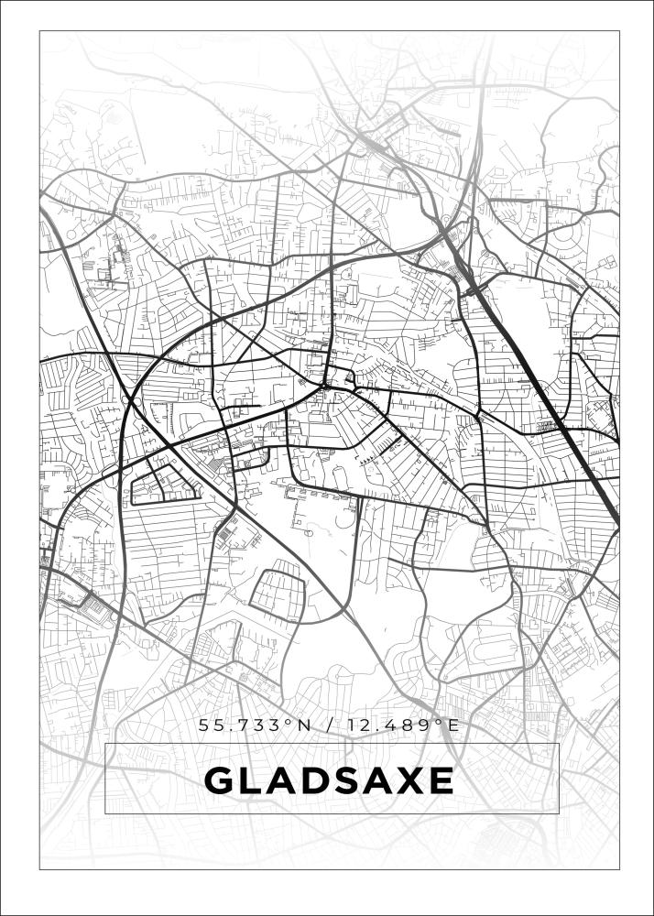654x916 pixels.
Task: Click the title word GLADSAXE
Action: (x=329, y=781)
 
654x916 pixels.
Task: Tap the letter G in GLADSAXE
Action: (x=219, y=781)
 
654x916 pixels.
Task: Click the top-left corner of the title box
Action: (x=105, y=744)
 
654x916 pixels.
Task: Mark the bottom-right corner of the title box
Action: (x=559, y=813)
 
